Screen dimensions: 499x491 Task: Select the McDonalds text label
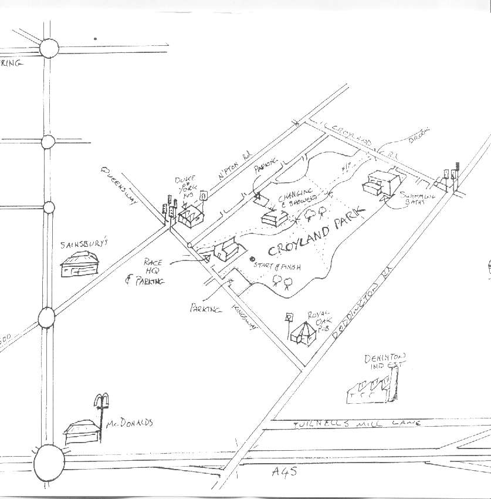coord(130,423)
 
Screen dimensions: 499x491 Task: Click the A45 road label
coord(285,471)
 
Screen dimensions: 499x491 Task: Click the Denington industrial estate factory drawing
coord(373,390)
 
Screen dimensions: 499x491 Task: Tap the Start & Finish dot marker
coord(253,259)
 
